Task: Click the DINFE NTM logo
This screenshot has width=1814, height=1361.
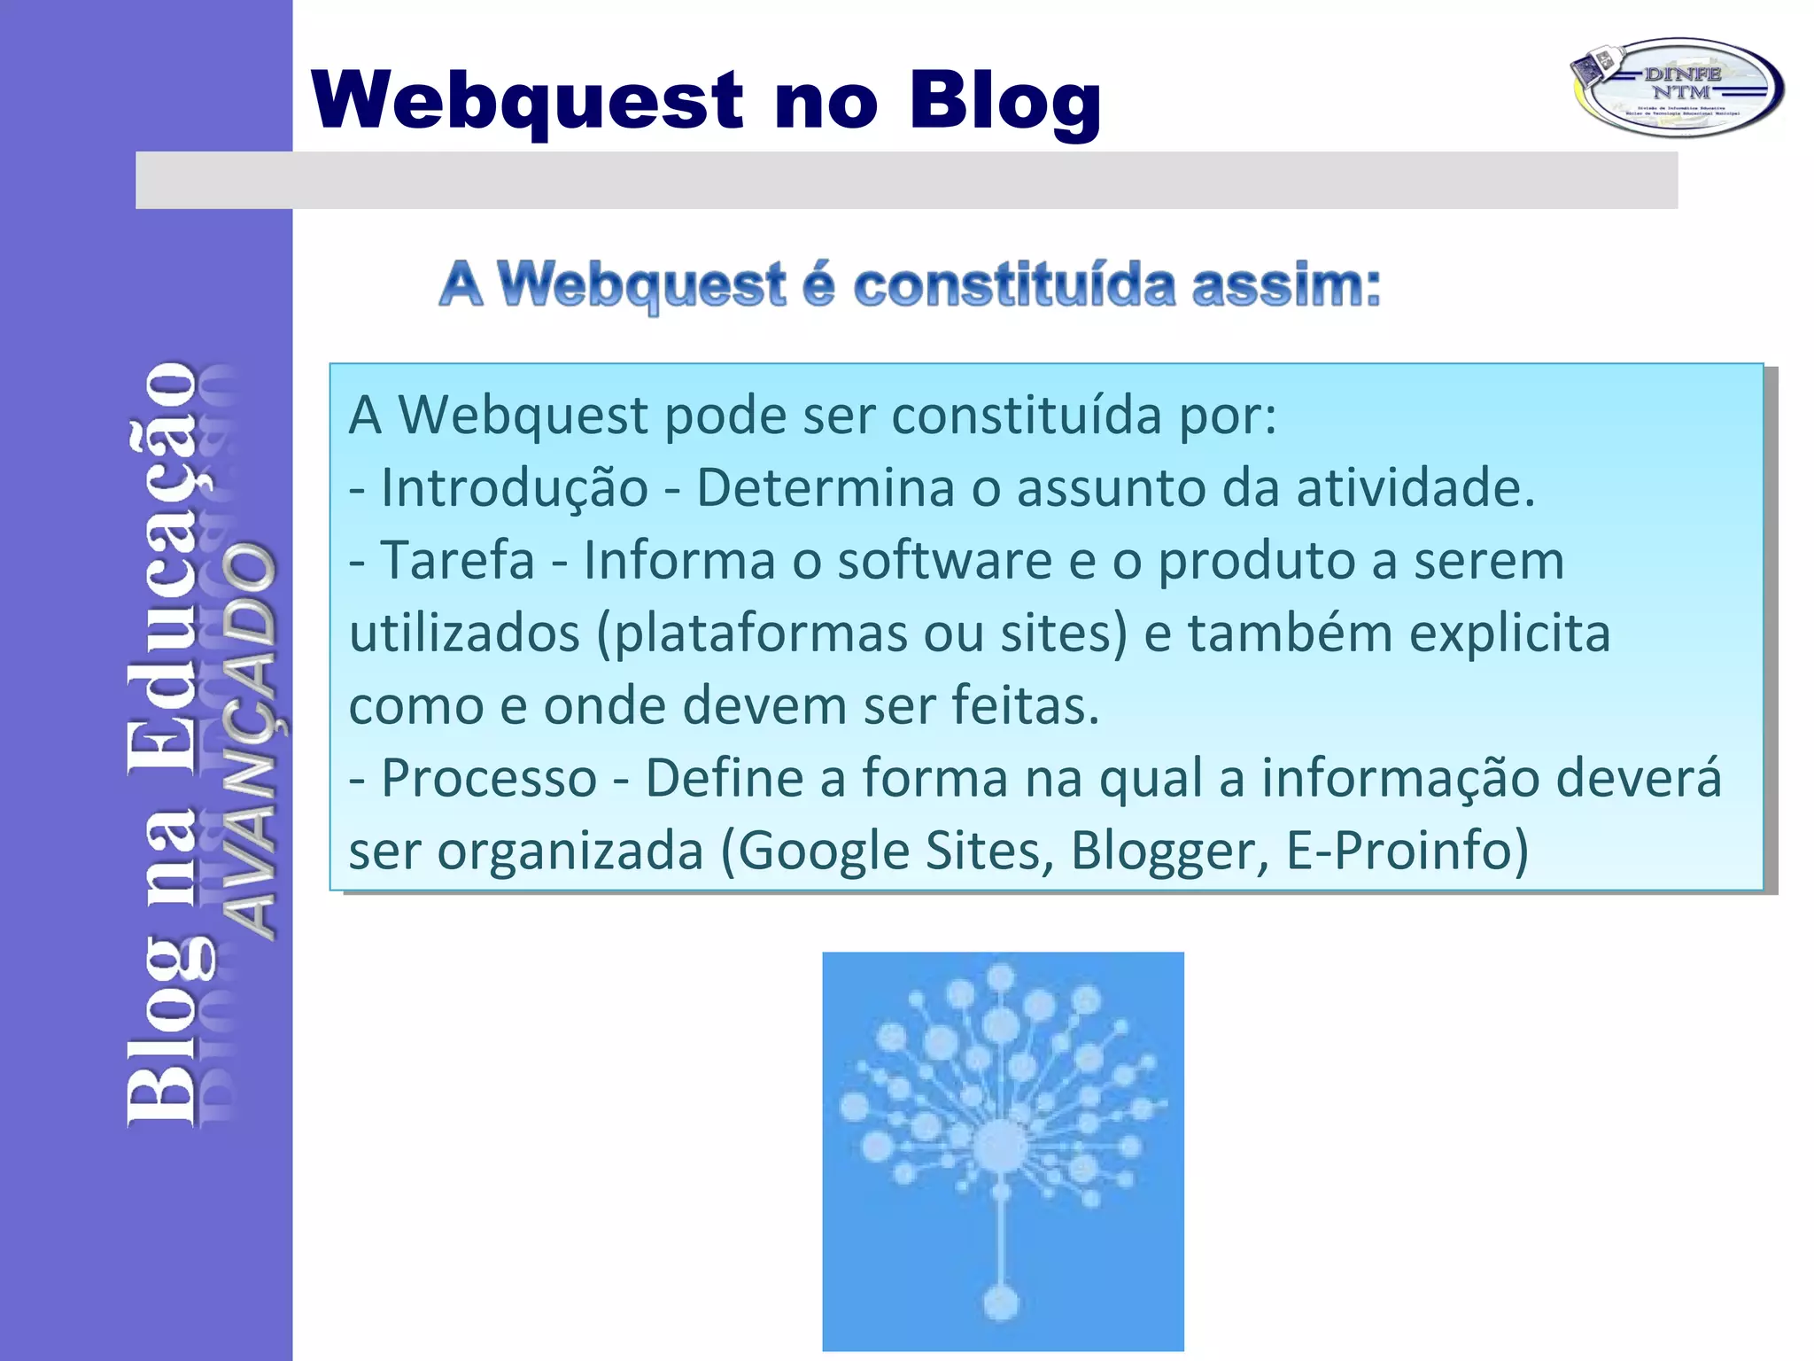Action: click(1677, 87)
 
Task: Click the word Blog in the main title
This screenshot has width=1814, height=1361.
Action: click(1004, 101)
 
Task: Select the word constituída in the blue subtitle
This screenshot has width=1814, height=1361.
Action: click(1014, 286)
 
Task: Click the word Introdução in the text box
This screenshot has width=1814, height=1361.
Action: click(514, 488)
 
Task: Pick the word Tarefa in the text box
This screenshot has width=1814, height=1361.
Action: click(457, 561)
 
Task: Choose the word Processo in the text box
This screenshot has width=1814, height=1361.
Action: click(489, 779)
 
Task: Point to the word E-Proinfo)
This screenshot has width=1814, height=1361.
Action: click(1407, 852)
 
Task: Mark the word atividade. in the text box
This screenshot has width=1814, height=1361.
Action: click(1415, 488)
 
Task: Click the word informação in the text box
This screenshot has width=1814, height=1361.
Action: click(1399, 779)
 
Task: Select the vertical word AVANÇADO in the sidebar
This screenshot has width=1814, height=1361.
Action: click(248, 741)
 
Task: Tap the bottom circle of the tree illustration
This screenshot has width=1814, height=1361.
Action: click(1002, 1302)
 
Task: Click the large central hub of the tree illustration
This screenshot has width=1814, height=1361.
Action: click(1002, 1146)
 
